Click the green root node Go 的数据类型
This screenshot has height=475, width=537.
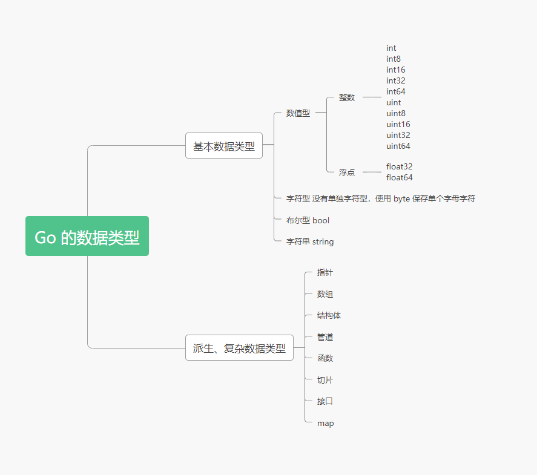(87, 237)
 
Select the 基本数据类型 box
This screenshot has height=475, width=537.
(223, 146)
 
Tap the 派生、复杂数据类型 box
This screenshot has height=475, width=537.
(239, 348)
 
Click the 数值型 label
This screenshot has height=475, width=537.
(298, 113)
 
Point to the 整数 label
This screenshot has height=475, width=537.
(347, 97)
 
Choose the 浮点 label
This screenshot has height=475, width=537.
(347, 172)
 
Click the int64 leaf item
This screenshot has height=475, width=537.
(396, 92)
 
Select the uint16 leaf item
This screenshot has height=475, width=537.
(398, 125)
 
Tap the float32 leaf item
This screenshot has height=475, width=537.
(399, 167)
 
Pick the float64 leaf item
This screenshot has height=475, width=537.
(399, 178)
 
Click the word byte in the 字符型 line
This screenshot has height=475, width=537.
(402, 198)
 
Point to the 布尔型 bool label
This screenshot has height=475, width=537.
(308, 221)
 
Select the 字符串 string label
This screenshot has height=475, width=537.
(310, 242)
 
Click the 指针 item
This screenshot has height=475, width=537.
(325, 273)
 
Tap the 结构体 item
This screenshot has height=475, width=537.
(329, 316)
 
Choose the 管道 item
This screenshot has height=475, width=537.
(325, 337)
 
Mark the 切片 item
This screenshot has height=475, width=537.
(325, 380)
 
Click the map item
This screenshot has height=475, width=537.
(325, 424)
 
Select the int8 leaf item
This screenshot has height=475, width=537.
(394, 59)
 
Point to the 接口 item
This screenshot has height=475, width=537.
(325, 401)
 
